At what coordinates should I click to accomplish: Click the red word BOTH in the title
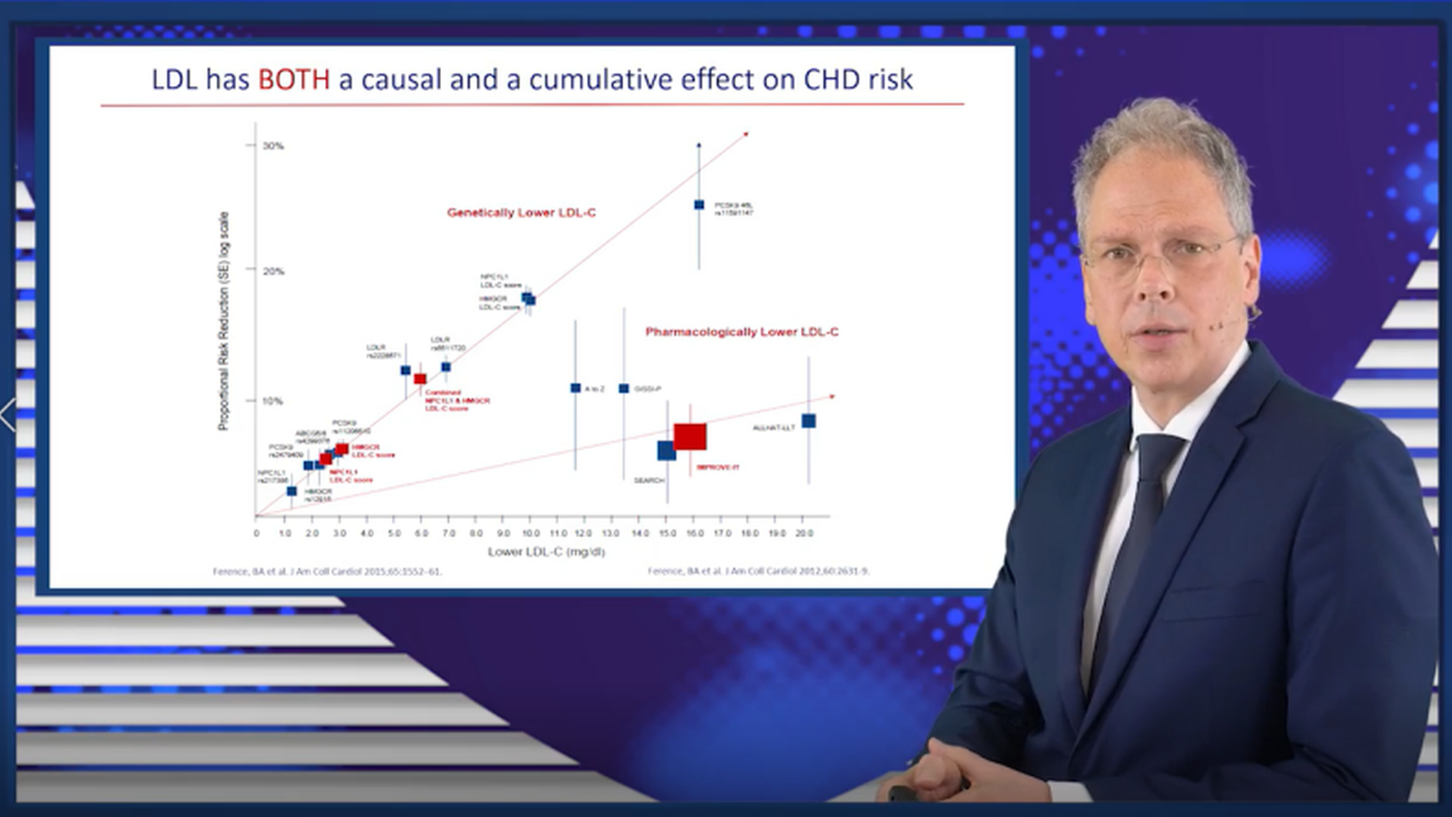pyautogui.click(x=293, y=80)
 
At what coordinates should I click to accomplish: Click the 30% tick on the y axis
pyautogui.click(x=272, y=146)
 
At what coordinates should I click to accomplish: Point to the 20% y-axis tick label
pyautogui.click(x=273, y=271)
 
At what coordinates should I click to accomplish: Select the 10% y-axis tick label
pyautogui.click(x=272, y=401)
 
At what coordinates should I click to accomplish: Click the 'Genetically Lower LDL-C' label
pyautogui.click(x=521, y=213)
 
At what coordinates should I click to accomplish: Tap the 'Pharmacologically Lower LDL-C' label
pyautogui.click(x=741, y=332)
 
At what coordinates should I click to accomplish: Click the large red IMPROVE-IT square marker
pyautogui.click(x=690, y=437)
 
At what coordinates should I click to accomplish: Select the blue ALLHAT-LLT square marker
pyautogui.click(x=808, y=421)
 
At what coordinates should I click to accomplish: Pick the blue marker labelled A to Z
pyautogui.click(x=575, y=388)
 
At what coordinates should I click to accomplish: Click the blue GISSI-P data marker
pyautogui.click(x=624, y=389)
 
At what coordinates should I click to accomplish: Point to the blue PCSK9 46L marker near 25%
pyautogui.click(x=699, y=205)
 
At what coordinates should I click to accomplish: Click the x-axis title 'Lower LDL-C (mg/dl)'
pyautogui.click(x=546, y=551)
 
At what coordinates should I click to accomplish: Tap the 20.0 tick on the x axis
pyautogui.click(x=803, y=533)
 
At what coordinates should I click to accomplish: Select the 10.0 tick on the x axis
pyautogui.click(x=530, y=533)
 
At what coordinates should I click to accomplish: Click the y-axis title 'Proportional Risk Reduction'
pyautogui.click(x=223, y=321)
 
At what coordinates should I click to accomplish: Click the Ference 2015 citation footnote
pyautogui.click(x=327, y=571)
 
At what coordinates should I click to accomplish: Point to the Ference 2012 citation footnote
pyautogui.click(x=758, y=571)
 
